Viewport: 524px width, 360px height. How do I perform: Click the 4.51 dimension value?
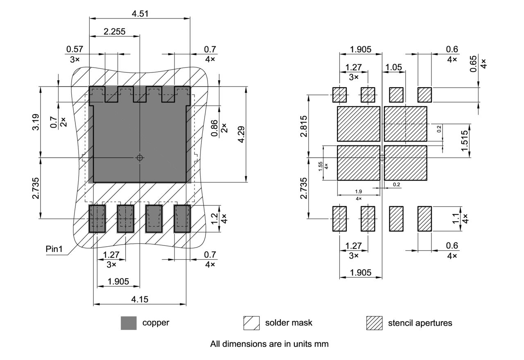(x=140, y=13)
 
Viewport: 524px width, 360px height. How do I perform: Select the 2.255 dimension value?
(x=114, y=32)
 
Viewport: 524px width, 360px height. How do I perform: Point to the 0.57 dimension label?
(x=74, y=49)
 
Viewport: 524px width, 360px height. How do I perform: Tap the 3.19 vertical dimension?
(x=36, y=122)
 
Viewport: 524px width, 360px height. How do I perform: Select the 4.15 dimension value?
(x=140, y=299)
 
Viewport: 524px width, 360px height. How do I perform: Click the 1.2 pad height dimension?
(x=214, y=218)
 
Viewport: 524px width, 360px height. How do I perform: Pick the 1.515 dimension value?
(x=464, y=141)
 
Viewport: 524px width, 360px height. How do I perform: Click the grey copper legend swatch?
(x=129, y=323)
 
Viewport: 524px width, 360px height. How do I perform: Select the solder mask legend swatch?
(x=251, y=323)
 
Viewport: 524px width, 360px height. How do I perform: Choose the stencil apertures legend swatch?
(x=374, y=323)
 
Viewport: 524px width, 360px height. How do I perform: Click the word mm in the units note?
(x=321, y=344)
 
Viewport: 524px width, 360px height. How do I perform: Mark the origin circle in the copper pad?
(x=140, y=157)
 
